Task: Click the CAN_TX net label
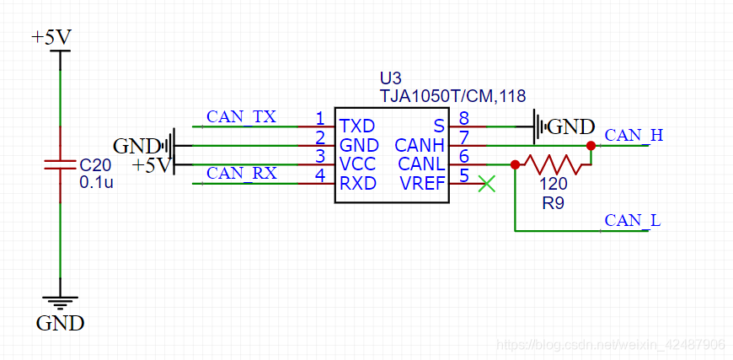241,116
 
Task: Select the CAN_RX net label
241,173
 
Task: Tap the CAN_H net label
634,135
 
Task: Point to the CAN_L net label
633,221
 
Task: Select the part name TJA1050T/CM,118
452,96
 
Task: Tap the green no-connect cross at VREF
486,184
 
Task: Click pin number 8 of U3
463,119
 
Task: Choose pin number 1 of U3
320,118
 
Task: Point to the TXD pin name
357,126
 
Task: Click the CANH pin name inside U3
420,146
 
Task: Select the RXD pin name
357,184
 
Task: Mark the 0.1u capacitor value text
95,182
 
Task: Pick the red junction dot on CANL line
514,164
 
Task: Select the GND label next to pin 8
570,127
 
